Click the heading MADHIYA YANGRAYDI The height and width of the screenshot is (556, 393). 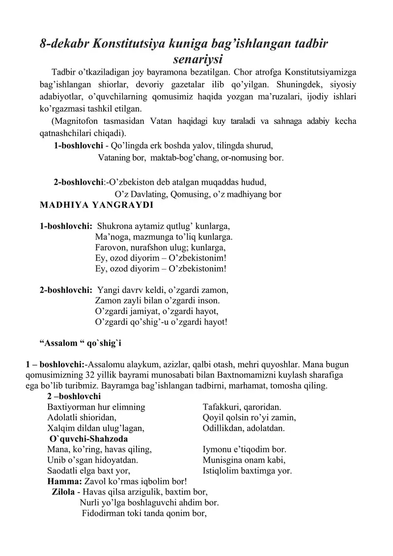pos(96,205)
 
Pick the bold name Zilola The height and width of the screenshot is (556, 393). pos(63,492)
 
